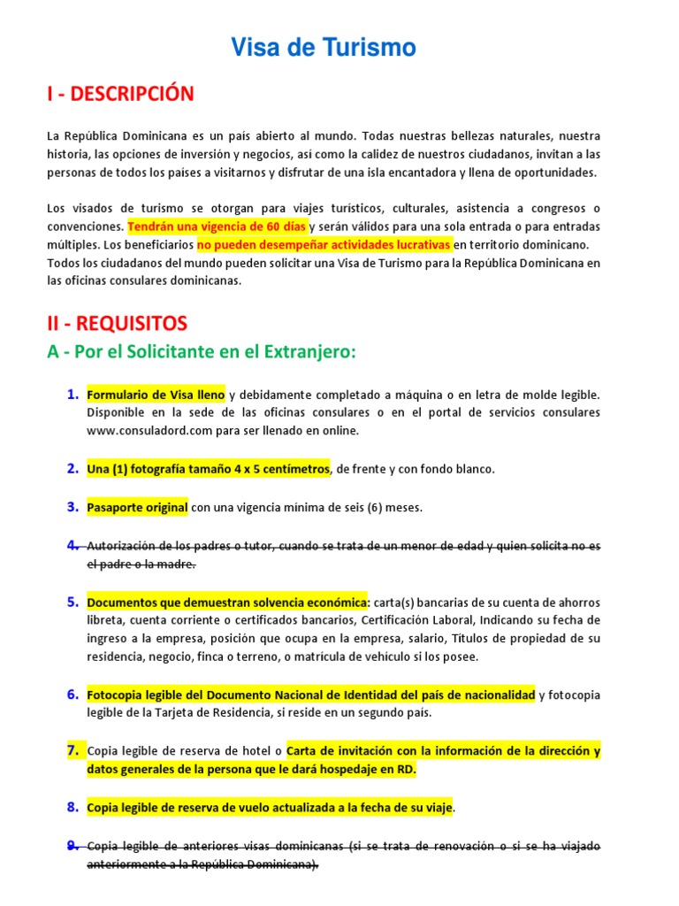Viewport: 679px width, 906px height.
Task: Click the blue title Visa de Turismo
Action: pos(324,48)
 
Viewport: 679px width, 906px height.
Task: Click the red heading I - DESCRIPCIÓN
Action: pos(120,94)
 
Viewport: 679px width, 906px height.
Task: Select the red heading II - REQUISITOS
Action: pos(117,324)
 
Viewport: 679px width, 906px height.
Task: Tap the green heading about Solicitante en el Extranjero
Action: pos(201,352)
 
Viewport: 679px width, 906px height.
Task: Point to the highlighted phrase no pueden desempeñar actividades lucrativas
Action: pos(324,243)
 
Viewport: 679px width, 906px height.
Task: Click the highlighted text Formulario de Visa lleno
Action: pos(156,395)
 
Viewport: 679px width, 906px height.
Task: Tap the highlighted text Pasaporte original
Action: pos(137,508)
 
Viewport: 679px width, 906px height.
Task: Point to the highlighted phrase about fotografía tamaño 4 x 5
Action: pos(208,469)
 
